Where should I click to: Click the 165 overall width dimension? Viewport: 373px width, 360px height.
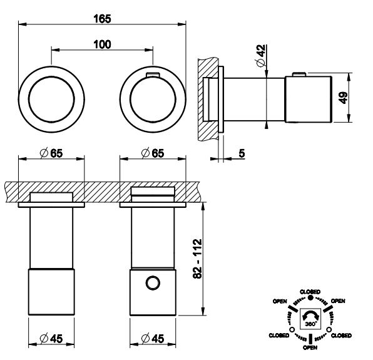tap(102, 19)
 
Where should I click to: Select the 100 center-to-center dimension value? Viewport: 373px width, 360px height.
tap(102, 44)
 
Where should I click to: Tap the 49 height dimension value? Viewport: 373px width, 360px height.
tap(343, 98)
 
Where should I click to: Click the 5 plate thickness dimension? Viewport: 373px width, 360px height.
tap(242, 153)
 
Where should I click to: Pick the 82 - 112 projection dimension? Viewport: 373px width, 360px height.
tap(197, 259)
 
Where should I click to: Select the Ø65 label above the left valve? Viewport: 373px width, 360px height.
tap(51, 153)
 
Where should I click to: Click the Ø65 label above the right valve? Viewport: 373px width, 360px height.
tap(153, 153)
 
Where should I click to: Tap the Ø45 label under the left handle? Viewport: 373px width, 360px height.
tap(51, 338)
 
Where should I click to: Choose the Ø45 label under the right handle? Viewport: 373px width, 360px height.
tap(153, 338)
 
